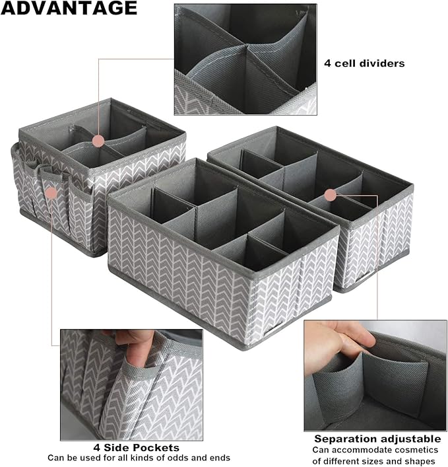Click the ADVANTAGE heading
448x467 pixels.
point(69,9)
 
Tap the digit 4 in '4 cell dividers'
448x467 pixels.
point(327,64)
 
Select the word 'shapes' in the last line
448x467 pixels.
point(422,460)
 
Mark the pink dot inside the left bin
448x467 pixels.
point(98,141)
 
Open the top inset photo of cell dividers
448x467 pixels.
point(245,50)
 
